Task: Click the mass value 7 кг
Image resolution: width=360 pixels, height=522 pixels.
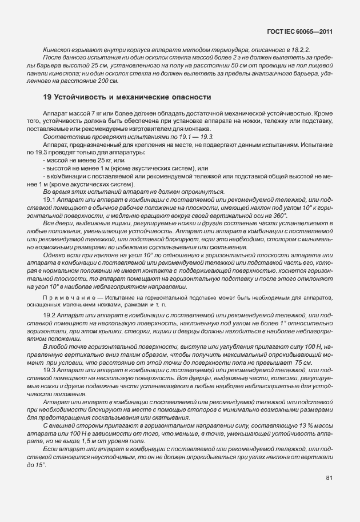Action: click(x=96, y=114)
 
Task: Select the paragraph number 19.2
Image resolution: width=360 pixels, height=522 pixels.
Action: click(x=50, y=316)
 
